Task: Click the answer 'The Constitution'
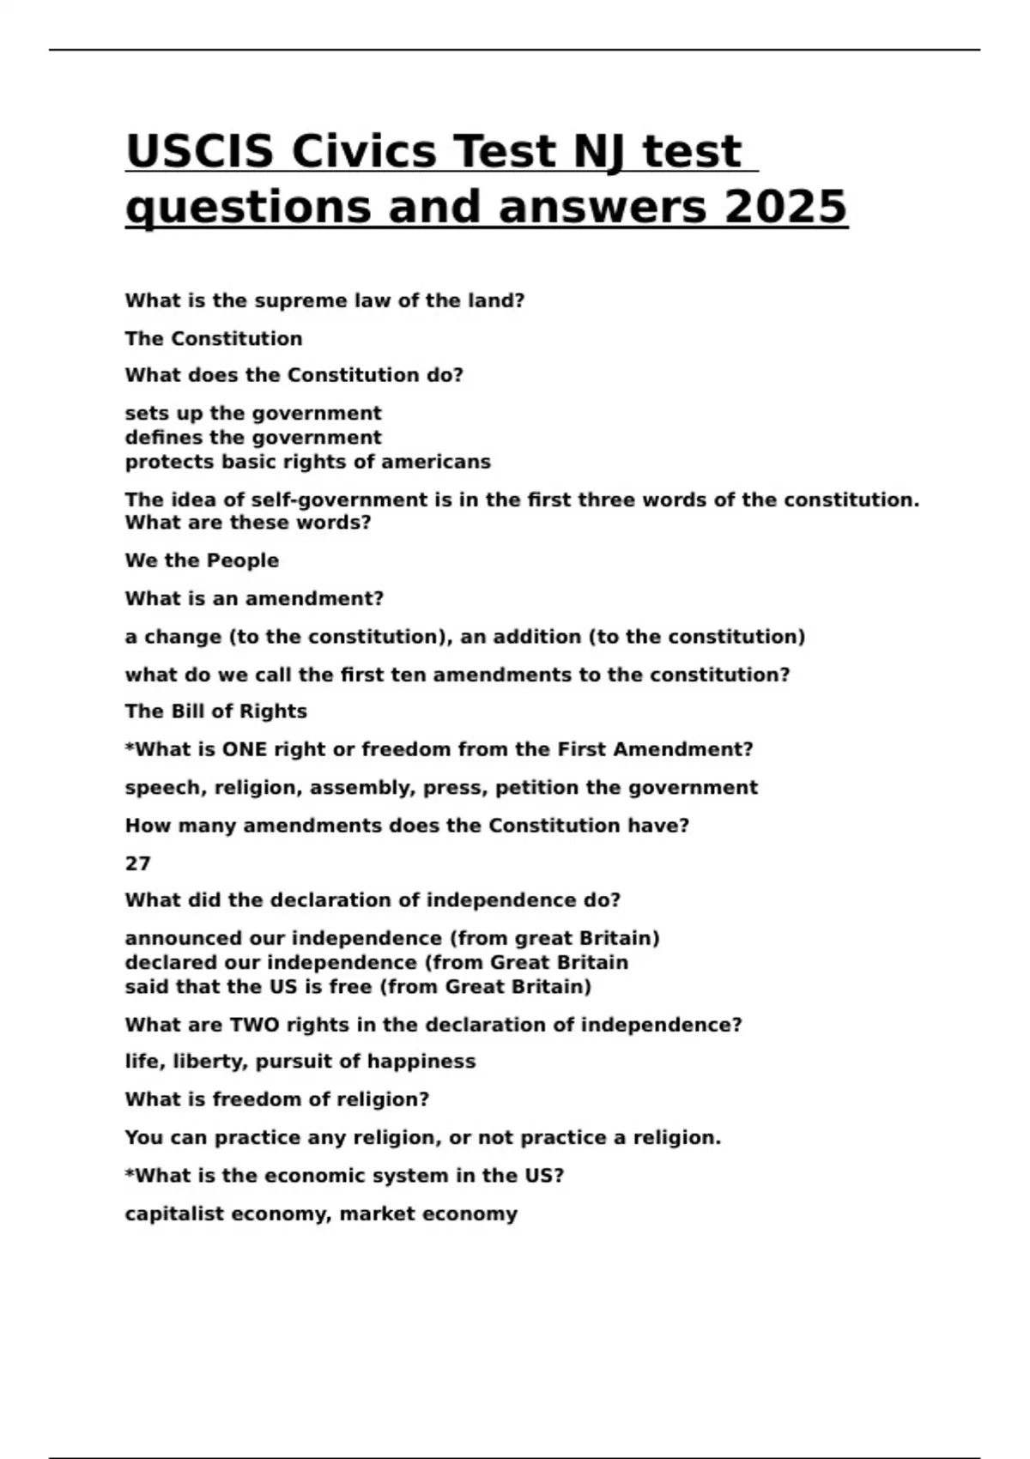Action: (214, 339)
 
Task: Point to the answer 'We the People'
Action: (202, 561)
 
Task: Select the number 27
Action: (137, 863)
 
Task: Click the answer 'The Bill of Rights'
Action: (215, 711)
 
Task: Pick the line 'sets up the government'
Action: (253, 414)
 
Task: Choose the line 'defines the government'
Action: (253, 438)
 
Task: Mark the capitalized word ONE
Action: (245, 749)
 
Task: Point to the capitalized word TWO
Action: (255, 1025)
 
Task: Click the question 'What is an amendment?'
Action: (254, 599)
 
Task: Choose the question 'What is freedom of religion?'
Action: (276, 1099)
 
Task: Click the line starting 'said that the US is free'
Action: (358, 987)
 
